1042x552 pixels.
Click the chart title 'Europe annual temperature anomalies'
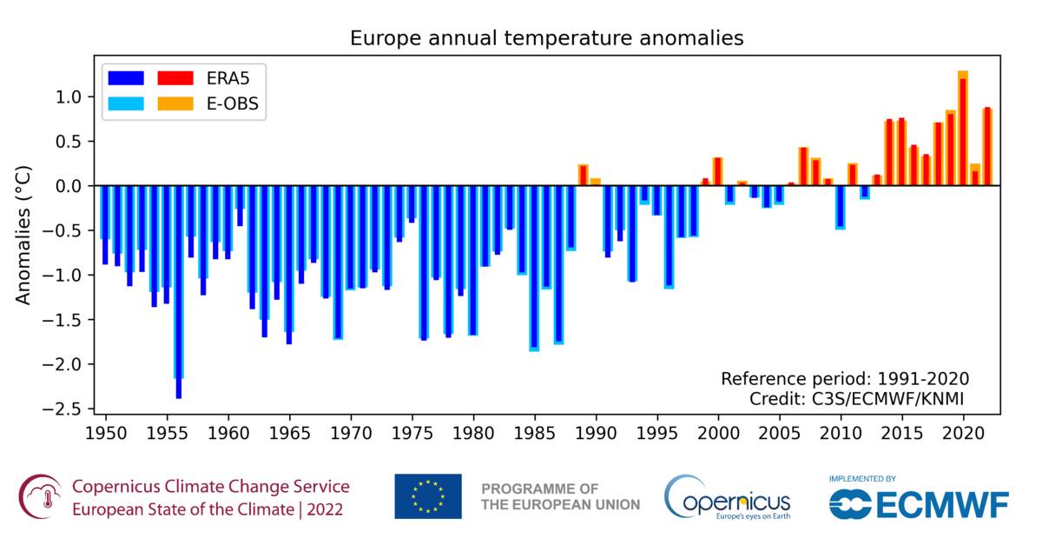pyautogui.click(x=546, y=38)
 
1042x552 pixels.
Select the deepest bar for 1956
pyautogui.click(x=179, y=296)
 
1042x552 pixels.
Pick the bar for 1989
pyautogui.click(x=584, y=175)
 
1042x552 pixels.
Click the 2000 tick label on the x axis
pyautogui.click(x=718, y=431)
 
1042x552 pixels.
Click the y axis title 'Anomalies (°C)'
pyautogui.click(x=24, y=234)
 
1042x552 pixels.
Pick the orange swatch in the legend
pyautogui.click(x=174, y=105)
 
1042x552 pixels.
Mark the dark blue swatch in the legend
pyautogui.click(x=125, y=77)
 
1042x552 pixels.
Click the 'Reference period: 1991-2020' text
pyautogui.click(x=844, y=379)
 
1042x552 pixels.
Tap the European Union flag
pyautogui.click(x=427, y=496)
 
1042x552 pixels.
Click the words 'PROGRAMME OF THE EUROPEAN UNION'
pyautogui.click(x=560, y=496)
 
